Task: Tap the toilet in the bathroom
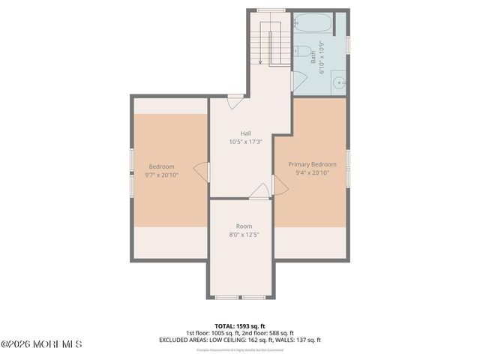point(301,52)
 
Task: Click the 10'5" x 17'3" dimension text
point(245,142)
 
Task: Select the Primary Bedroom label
point(313,164)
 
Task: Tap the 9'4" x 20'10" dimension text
point(313,173)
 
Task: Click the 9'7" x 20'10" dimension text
point(161,175)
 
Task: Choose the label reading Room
point(244,226)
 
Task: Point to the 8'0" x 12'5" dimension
point(244,235)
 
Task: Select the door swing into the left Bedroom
point(201,171)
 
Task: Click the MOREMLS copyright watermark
point(41,344)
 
